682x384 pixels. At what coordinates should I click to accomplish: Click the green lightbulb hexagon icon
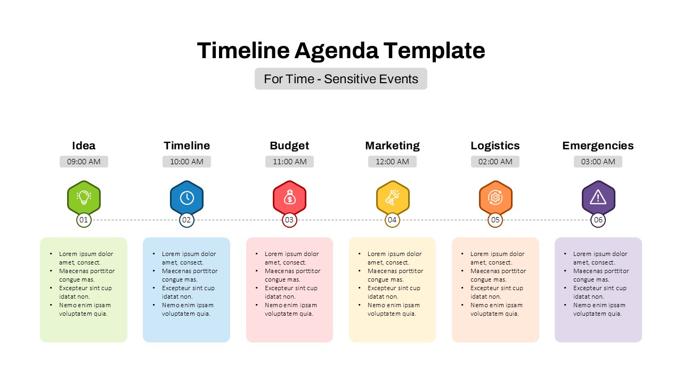pos(84,197)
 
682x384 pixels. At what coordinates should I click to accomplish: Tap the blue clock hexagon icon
pos(186,197)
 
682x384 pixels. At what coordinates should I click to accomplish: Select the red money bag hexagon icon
pos(289,197)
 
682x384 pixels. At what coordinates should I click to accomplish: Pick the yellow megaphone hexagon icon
pos(392,197)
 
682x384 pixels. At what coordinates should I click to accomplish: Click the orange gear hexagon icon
pos(495,197)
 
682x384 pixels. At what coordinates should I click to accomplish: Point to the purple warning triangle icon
pos(598,197)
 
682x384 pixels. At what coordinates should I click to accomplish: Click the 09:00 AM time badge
pos(84,162)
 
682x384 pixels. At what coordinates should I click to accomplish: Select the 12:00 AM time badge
pos(392,162)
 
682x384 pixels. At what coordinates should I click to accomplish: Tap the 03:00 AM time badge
pos(598,162)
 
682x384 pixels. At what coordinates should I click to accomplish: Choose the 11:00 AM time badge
pos(289,162)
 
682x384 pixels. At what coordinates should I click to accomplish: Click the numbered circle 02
pos(186,220)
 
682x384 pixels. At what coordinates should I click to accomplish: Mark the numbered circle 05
pos(495,220)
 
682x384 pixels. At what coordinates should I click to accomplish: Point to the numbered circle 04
pos(392,220)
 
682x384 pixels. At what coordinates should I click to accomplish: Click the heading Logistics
pos(495,146)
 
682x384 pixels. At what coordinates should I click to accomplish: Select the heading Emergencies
pos(598,146)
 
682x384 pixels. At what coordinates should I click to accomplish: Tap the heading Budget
pos(289,146)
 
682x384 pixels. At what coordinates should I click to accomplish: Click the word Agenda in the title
pos(336,51)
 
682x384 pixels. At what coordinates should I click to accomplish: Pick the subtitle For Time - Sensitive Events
pos(341,79)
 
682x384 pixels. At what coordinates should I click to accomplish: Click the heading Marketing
pos(392,146)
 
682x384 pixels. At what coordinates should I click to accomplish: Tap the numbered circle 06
pos(598,220)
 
